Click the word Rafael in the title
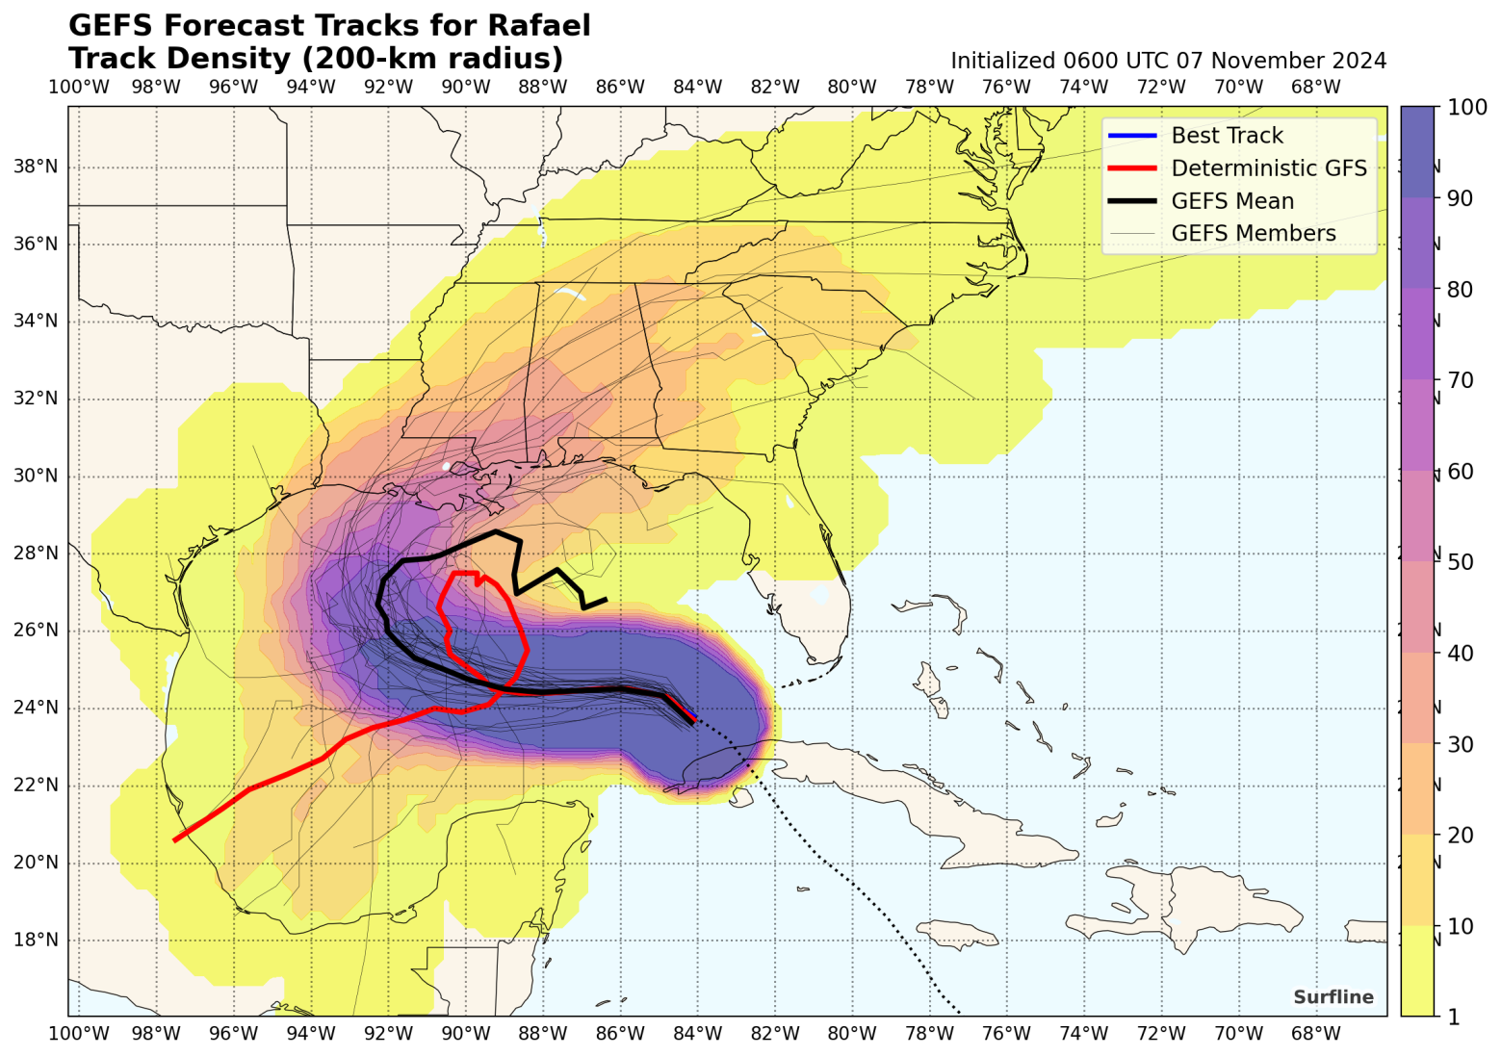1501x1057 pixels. point(539,25)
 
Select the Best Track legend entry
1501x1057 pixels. point(1227,136)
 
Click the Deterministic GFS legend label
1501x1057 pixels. point(1268,168)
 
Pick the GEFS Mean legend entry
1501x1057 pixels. point(1231,201)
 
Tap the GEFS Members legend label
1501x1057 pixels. point(1253,234)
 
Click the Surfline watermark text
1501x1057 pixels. point(1333,997)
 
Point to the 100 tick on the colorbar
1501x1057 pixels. point(1466,108)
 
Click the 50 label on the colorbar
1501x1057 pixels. point(1460,562)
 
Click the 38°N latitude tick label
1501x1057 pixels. point(36,167)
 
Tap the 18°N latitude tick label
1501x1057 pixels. point(36,940)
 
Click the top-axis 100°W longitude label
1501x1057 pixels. point(78,88)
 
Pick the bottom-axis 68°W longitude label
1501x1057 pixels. point(1315,1034)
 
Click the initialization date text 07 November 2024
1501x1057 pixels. point(1281,61)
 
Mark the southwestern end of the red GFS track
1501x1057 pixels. point(174,840)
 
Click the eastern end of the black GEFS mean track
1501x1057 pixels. point(606,600)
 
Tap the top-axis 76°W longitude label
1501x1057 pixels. point(1006,88)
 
